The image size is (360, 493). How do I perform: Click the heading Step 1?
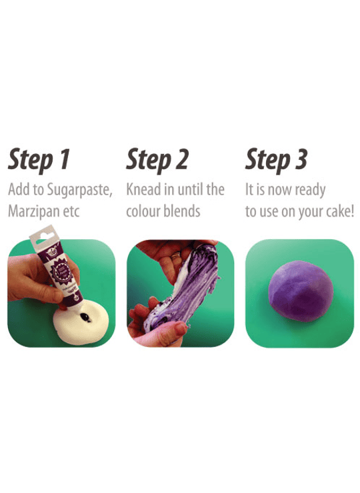(39, 160)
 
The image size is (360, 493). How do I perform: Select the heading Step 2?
(157, 160)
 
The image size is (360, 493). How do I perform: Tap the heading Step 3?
(276, 160)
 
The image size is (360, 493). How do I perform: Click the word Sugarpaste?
(79, 191)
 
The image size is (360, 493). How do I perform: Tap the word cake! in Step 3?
(340, 211)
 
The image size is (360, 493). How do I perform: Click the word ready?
(310, 191)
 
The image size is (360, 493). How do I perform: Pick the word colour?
(143, 211)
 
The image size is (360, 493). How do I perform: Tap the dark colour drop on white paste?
(85, 317)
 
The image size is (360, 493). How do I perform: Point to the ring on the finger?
(175, 255)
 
